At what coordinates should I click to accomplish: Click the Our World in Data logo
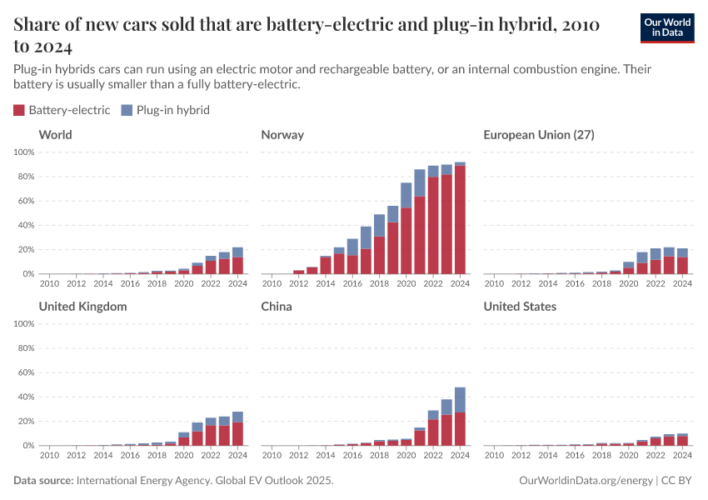(x=666, y=27)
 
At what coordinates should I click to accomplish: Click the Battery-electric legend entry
(x=62, y=110)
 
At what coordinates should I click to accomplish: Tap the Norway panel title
(x=282, y=135)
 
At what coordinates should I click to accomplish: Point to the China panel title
(x=277, y=307)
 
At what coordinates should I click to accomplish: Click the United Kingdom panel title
(x=82, y=307)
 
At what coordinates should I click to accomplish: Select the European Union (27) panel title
(x=538, y=135)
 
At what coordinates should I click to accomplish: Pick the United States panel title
(x=520, y=307)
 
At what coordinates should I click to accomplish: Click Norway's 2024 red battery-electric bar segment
(x=460, y=220)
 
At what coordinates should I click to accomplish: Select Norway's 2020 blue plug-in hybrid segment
(x=406, y=195)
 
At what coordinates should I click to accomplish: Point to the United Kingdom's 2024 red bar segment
(x=237, y=434)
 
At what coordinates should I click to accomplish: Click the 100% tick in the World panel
(x=23, y=152)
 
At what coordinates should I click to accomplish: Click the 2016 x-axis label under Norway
(x=352, y=284)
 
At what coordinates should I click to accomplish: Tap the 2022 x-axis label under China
(x=433, y=456)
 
